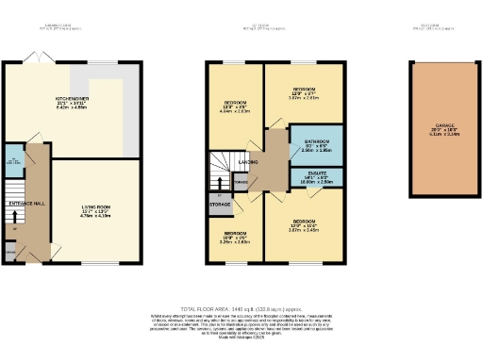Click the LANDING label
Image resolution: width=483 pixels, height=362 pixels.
[x=249, y=160]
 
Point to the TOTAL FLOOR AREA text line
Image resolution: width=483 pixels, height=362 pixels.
[x=241, y=307]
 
